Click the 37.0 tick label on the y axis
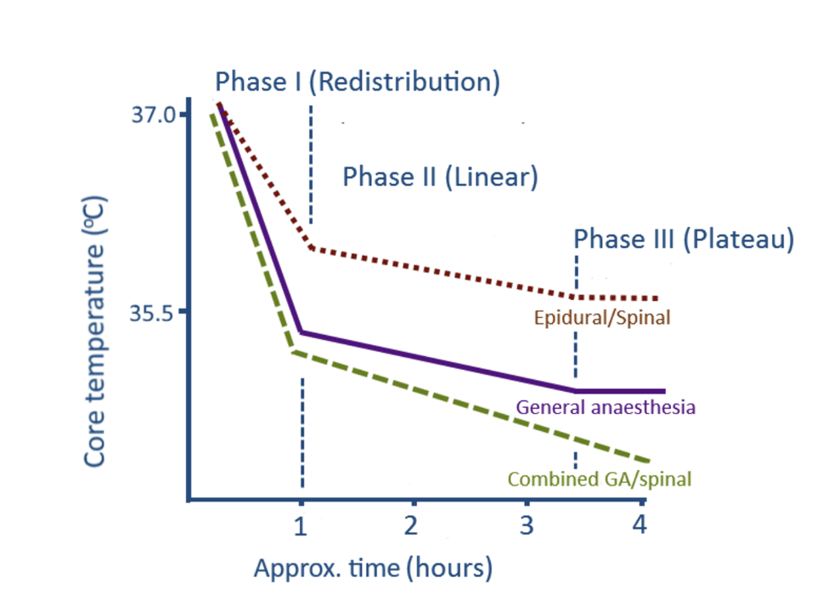(x=152, y=114)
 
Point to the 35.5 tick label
(x=152, y=313)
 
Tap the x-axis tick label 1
(x=300, y=524)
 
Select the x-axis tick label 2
(x=412, y=524)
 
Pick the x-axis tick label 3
(x=526, y=524)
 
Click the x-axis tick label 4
(x=639, y=524)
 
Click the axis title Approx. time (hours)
(x=373, y=567)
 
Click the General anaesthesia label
(x=606, y=406)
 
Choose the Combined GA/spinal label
(x=599, y=479)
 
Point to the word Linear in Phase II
(x=492, y=177)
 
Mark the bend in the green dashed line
(x=293, y=351)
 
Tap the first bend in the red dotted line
(x=312, y=246)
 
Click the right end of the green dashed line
(x=651, y=460)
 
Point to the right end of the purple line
(x=663, y=391)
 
